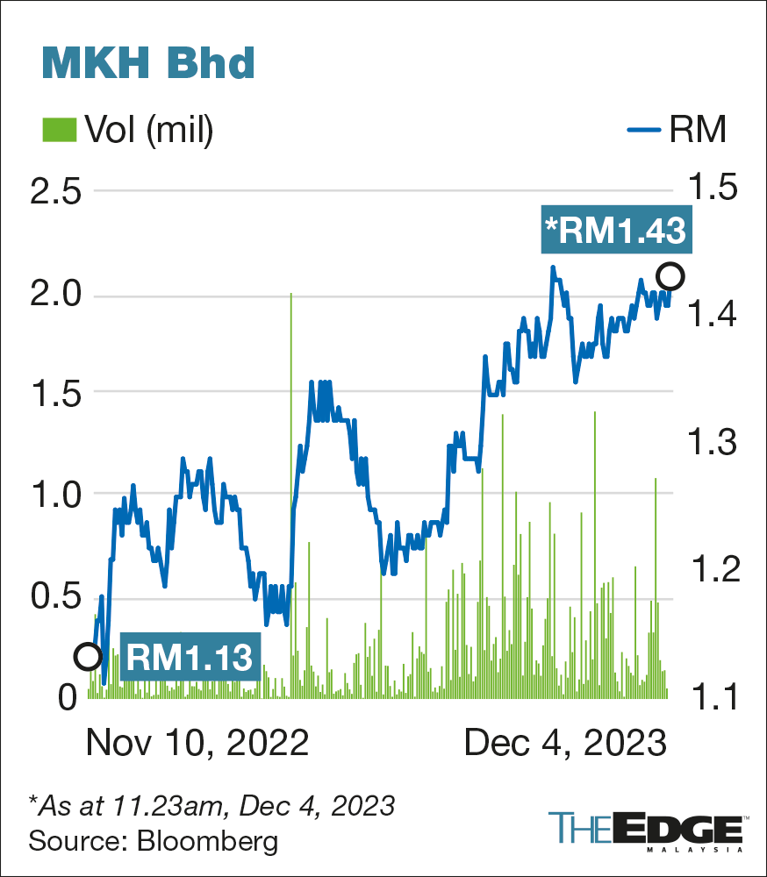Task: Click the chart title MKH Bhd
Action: coord(148,63)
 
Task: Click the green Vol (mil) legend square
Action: coord(58,131)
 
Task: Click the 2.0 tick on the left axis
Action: coord(55,295)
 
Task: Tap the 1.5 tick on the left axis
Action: coord(55,394)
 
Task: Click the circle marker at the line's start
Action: coord(88,656)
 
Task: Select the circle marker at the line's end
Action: coord(671,277)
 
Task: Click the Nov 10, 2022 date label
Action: coord(197,743)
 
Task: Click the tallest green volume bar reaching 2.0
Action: coord(290,491)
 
